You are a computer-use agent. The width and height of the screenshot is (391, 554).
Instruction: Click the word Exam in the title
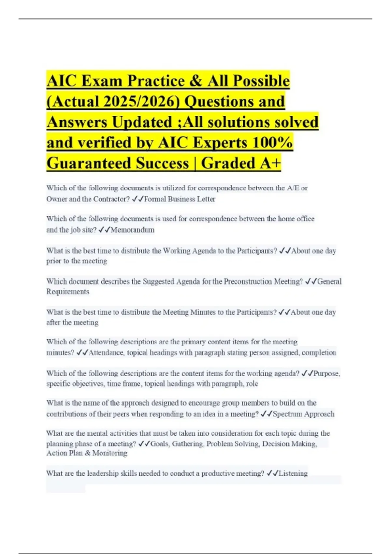point(102,81)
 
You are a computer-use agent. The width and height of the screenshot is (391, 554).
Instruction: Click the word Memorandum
point(133,230)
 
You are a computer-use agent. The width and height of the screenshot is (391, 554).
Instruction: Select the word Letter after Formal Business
point(206,199)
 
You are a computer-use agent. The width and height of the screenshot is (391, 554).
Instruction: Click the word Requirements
point(68,292)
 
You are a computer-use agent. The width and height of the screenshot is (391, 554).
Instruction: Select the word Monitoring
point(110,453)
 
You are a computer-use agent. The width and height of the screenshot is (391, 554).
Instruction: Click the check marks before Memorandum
point(104,230)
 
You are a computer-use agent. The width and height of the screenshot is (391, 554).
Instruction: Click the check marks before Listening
point(272,474)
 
